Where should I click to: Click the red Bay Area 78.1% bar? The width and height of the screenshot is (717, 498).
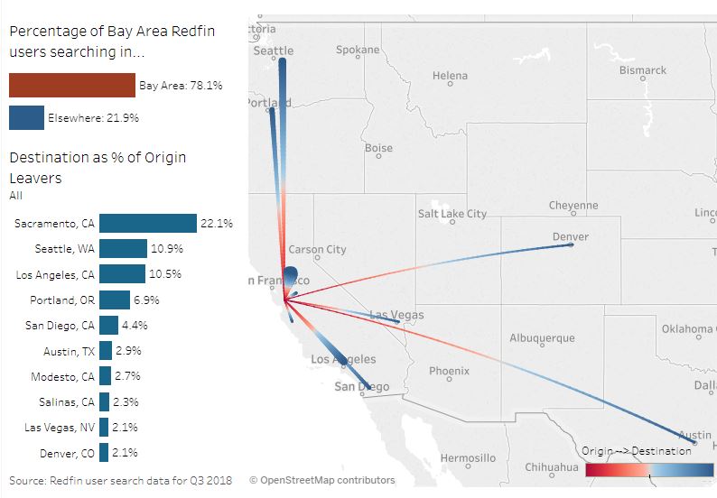(72, 86)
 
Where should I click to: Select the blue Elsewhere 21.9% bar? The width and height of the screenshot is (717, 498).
(26, 118)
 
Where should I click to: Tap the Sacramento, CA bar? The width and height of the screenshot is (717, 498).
(147, 224)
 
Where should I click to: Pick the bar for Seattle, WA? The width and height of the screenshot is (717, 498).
(123, 249)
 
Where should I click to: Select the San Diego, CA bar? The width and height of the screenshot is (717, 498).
(108, 325)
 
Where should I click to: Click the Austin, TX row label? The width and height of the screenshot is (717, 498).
(68, 351)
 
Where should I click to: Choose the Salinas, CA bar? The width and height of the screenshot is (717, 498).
(104, 401)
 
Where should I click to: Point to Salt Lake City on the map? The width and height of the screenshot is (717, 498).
(452, 214)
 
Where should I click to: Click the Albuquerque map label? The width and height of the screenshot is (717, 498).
(542, 338)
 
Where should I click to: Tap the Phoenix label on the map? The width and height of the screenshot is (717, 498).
(449, 371)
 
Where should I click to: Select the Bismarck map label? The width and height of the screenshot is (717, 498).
(643, 69)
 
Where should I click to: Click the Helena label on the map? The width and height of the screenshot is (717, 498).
(450, 76)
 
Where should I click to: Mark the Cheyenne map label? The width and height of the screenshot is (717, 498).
(573, 206)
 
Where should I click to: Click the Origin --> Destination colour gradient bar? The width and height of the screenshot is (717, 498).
(648, 470)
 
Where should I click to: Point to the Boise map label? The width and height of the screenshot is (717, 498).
(378, 148)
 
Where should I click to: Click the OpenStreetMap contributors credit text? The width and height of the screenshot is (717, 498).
(322, 480)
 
